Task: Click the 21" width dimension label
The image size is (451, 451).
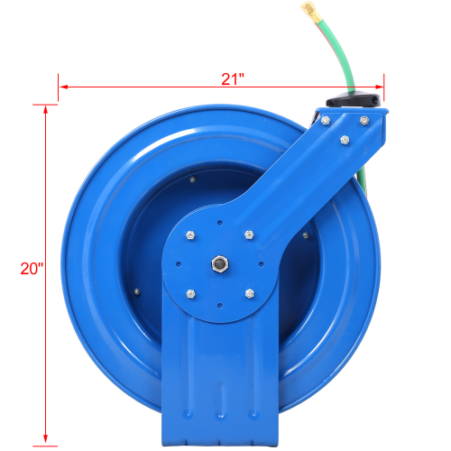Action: [233, 78]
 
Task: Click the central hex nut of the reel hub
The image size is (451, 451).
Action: [218, 265]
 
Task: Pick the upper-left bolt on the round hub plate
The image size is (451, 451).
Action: [190, 236]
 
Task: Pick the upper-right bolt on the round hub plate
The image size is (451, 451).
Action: [248, 236]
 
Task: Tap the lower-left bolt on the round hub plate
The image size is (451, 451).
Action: [190, 293]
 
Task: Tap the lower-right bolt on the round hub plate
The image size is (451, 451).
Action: [248, 293]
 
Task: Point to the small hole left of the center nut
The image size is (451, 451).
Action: [179, 265]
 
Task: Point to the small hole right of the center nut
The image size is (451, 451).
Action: [259, 265]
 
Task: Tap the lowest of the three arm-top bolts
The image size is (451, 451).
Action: [345, 140]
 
